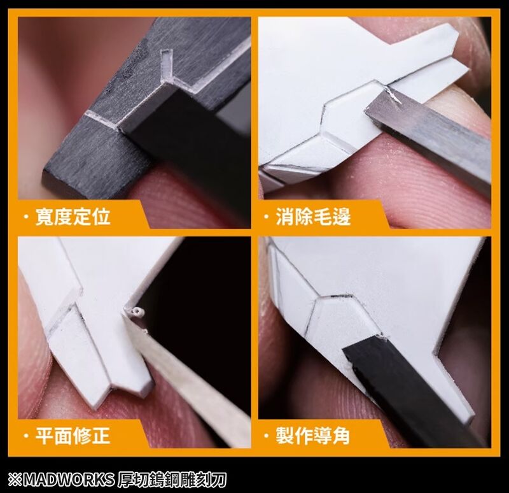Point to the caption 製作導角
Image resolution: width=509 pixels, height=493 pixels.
pyautogui.click(x=313, y=436)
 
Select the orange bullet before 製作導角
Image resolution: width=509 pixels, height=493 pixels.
pyautogui.click(x=267, y=436)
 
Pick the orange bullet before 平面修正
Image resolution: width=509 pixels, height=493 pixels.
pyautogui.click(x=26, y=436)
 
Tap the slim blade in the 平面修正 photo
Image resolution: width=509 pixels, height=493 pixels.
pyautogui.click(x=191, y=376)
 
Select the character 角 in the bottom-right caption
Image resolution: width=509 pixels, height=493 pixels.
pyautogui.click(x=341, y=436)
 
